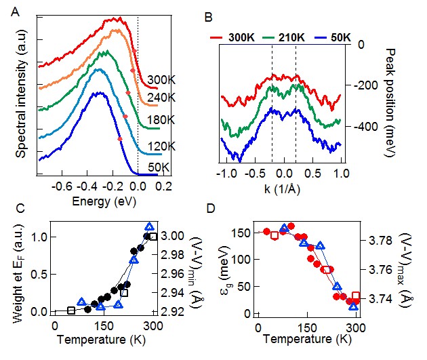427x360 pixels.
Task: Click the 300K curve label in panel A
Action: click(x=161, y=80)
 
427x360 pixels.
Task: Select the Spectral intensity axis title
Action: click(x=20, y=99)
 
